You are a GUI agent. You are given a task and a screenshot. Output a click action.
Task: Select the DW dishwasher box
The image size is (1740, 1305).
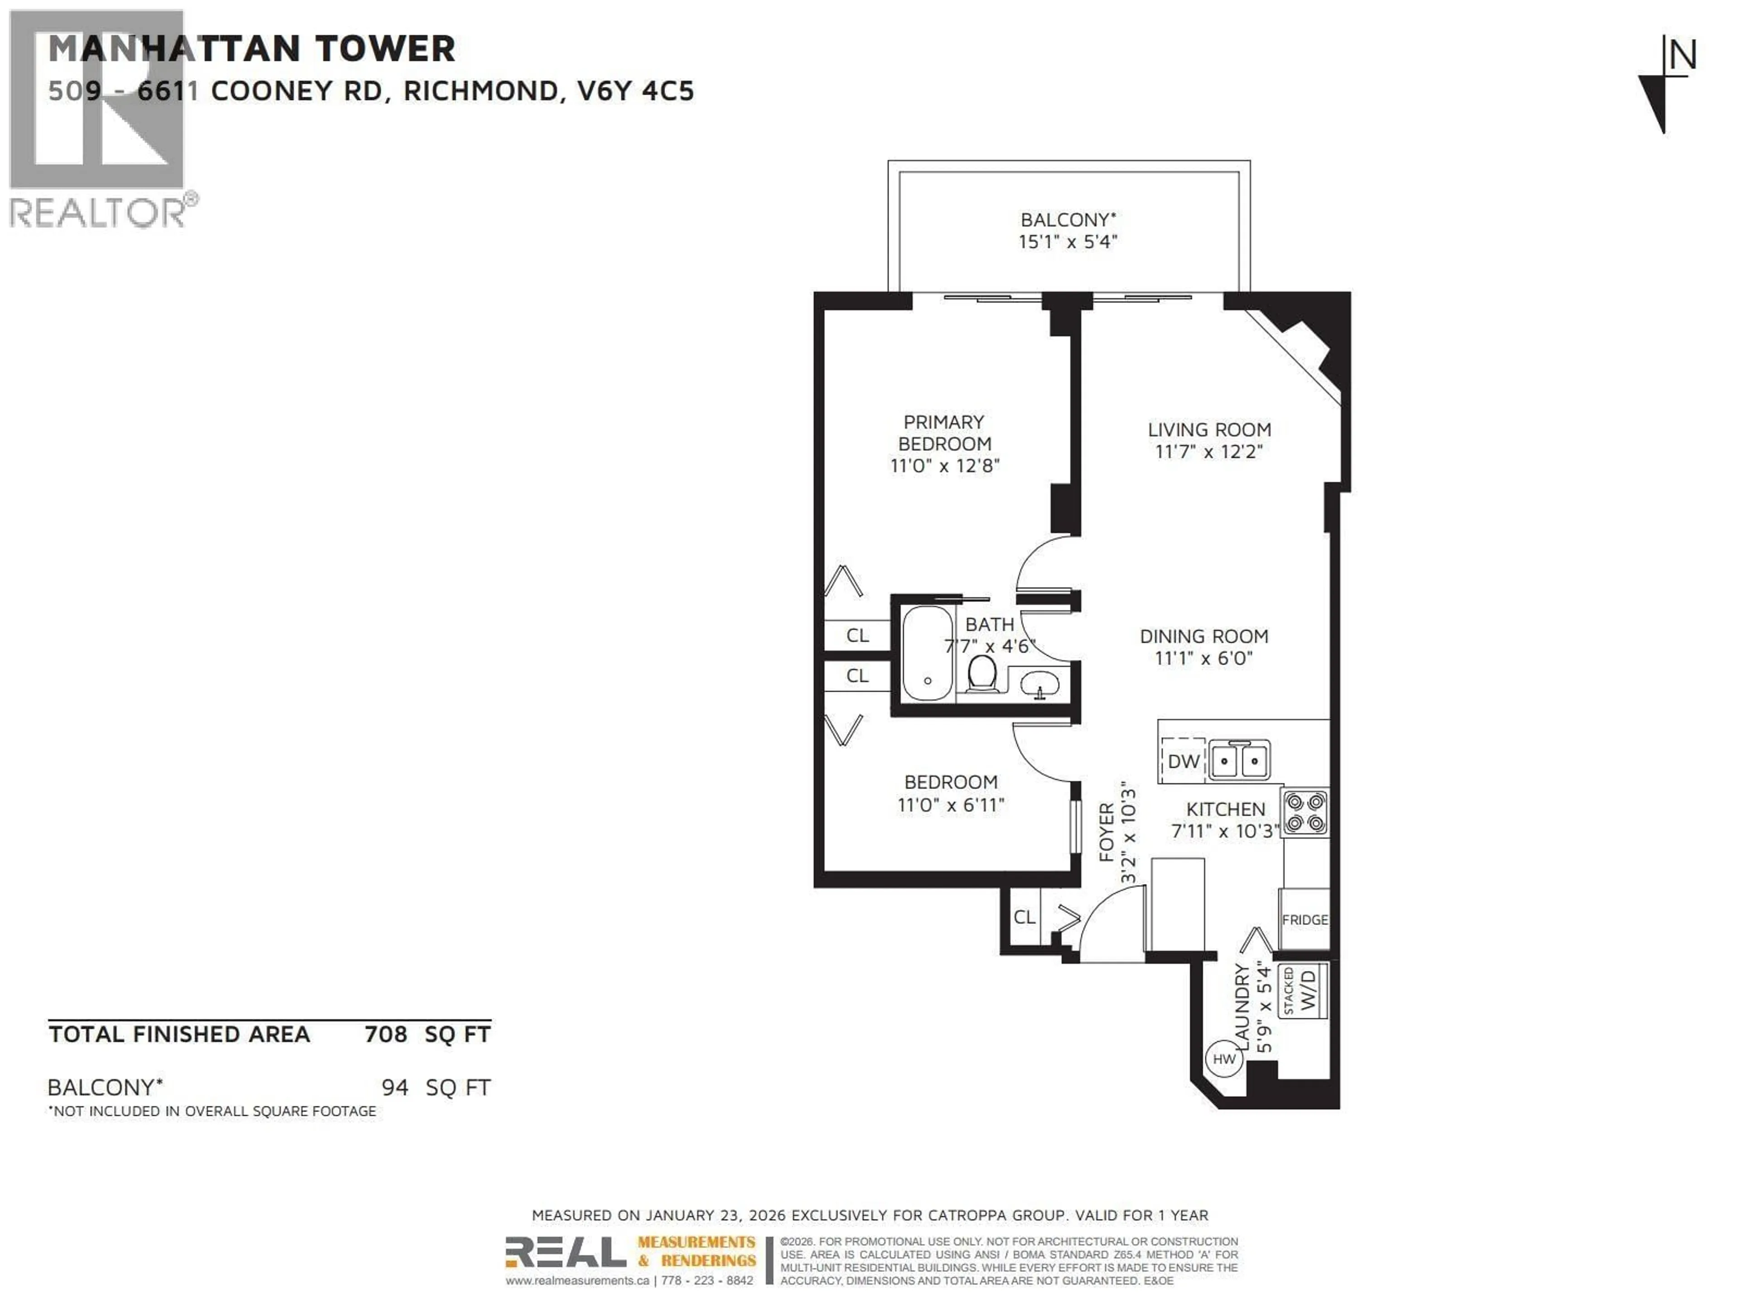(x=1183, y=761)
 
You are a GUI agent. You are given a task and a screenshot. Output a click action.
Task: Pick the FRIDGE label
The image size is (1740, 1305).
(x=1304, y=919)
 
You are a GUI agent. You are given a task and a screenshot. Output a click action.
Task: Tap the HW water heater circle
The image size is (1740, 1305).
(x=1224, y=1059)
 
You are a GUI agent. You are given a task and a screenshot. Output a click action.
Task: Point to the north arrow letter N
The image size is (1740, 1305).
(x=1682, y=56)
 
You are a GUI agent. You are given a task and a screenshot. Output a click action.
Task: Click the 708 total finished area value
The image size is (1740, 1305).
(x=386, y=1034)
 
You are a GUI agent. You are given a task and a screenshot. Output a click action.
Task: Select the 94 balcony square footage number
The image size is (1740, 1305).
(x=395, y=1087)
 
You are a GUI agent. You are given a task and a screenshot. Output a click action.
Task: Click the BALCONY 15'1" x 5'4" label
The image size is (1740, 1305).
(x=1068, y=231)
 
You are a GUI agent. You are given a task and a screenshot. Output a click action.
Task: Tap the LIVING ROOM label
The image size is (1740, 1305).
(x=1209, y=430)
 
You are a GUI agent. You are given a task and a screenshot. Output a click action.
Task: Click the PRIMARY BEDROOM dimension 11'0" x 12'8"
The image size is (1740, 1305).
(x=944, y=466)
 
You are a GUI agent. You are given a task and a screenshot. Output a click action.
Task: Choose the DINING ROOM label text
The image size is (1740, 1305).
(x=1203, y=636)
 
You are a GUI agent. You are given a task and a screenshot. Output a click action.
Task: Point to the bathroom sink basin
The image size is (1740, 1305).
(x=1039, y=685)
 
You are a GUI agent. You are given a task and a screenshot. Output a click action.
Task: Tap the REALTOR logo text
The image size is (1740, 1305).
(x=98, y=213)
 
